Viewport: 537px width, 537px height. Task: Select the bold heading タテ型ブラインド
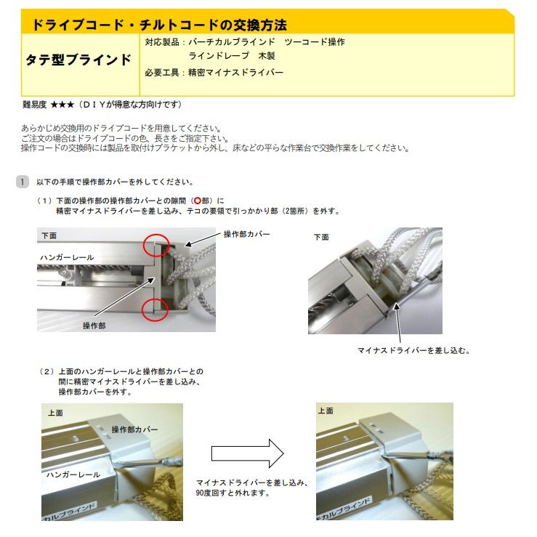coord(78,60)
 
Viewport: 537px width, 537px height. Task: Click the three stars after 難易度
coord(62,105)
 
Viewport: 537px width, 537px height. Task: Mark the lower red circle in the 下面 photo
coord(156,310)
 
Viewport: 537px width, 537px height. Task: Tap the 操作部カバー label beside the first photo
coord(246,234)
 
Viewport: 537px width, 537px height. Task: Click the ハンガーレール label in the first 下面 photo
coord(67,258)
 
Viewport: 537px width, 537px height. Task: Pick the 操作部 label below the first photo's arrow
coord(94,326)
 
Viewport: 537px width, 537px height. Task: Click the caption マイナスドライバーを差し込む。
coord(414,350)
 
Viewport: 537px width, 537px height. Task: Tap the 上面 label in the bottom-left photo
coord(55,411)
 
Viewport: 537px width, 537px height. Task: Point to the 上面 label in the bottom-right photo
coord(326,411)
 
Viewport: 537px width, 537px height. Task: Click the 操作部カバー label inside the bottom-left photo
coord(134,430)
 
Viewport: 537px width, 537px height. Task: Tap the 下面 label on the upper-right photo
coord(321,237)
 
